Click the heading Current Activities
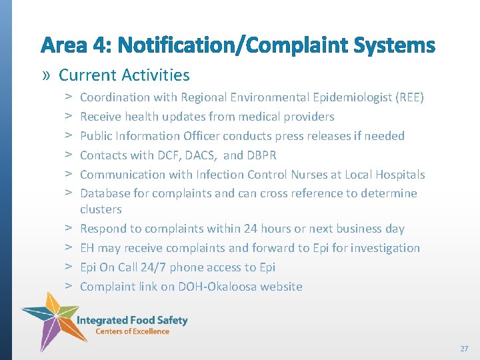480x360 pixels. click(124, 75)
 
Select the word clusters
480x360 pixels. click(101, 209)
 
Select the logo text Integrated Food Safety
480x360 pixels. click(132, 320)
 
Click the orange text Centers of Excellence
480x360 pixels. click(132, 331)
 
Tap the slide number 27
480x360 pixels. click(464, 349)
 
